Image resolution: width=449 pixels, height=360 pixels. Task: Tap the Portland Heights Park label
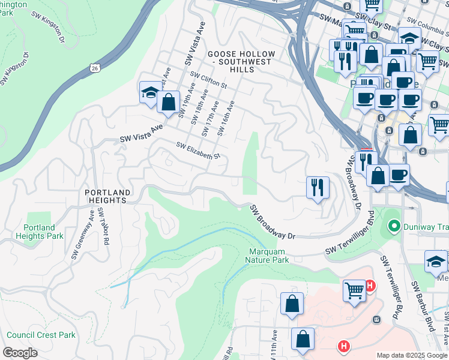[x=43, y=232]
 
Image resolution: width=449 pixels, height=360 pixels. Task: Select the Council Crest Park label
[x=41, y=335]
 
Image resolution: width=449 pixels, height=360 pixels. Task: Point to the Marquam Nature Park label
[x=267, y=256]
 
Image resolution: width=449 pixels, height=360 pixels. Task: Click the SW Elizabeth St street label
[x=199, y=151]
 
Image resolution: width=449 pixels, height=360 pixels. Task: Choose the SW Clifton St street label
[x=208, y=80]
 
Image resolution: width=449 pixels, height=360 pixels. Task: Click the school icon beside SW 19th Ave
[x=150, y=92]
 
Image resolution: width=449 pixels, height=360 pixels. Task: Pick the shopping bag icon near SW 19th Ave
[x=169, y=101]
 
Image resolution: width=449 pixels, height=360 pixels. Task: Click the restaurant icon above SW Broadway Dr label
[x=317, y=187]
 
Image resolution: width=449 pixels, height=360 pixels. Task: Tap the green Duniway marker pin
[x=394, y=226]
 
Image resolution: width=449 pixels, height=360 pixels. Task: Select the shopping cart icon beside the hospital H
[x=354, y=290]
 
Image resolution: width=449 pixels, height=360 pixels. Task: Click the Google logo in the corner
[x=20, y=353]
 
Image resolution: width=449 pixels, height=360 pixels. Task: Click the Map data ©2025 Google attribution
[x=411, y=355]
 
